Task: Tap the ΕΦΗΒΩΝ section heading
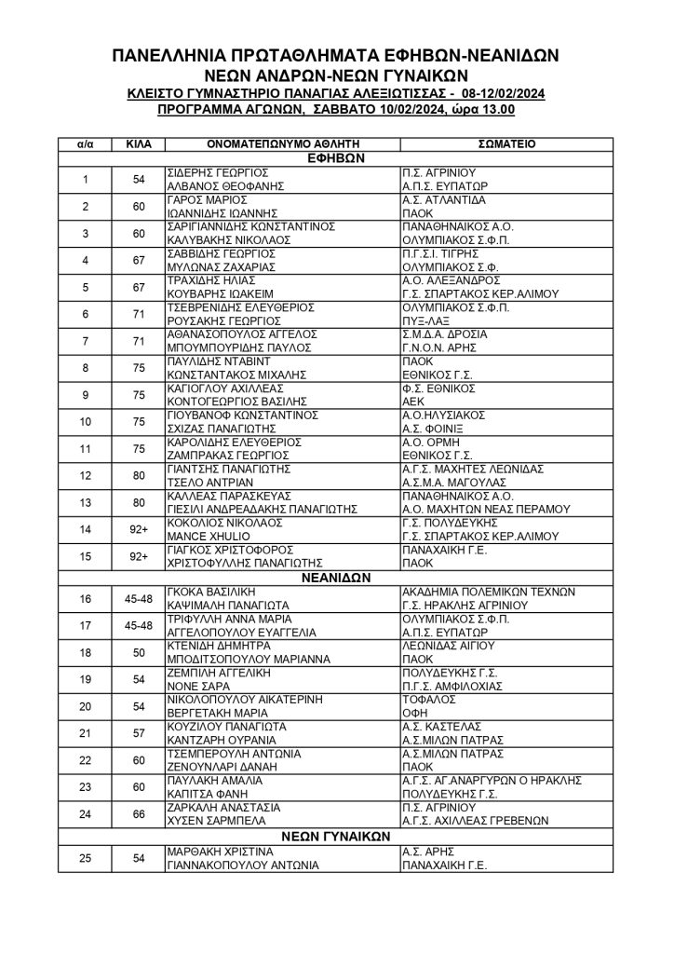click(336, 158)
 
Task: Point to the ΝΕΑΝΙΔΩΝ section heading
click(336, 577)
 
